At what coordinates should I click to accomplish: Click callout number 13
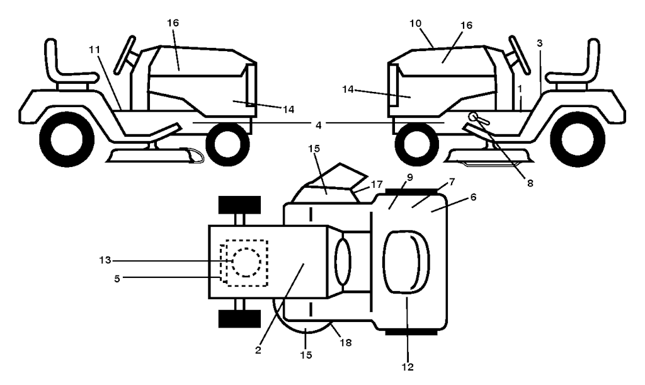[105, 260]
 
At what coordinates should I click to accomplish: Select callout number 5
[117, 279]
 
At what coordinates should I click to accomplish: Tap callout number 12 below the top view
[408, 367]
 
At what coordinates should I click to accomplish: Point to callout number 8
[530, 183]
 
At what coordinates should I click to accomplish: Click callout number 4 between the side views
[318, 125]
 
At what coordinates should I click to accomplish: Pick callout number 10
[416, 23]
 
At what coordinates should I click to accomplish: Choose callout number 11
[94, 49]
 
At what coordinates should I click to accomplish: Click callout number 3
[540, 43]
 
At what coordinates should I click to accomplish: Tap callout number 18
[346, 342]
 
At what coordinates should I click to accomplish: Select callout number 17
[377, 184]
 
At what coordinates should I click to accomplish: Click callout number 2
[258, 350]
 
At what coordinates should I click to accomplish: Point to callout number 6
[473, 197]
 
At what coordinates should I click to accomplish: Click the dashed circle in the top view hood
[246, 262]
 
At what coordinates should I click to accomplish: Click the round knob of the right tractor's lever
[472, 117]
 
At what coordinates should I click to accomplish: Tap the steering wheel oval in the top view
[343, 262]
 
